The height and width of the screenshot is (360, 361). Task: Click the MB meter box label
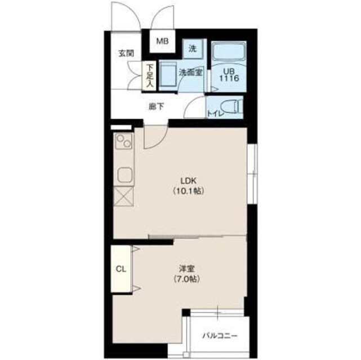[x=163, y=42]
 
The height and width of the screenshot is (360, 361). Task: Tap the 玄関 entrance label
[x=126, y=53]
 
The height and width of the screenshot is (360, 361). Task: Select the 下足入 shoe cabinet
[x=150, y=75]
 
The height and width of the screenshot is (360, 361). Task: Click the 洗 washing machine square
[x=193, y=49]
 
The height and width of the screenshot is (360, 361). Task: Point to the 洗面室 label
[x=190, y=73]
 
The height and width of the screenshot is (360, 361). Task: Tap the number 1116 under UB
[x=229, y=78]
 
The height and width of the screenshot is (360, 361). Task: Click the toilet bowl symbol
[x=231, y=107]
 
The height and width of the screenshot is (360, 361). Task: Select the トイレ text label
[x=216, y=113]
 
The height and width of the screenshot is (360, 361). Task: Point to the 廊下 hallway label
[x=157, y=107]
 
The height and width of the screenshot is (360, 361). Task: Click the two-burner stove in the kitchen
[x=124, y=141]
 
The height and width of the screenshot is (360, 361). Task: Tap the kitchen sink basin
[x=125, y=175]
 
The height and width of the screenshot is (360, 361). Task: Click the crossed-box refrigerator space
[x=124, y=196]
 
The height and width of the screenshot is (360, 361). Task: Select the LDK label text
[x=189, y=181]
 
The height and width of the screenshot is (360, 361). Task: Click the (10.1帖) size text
[x=189, y=191]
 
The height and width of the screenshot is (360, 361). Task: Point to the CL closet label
[x=121, y=269]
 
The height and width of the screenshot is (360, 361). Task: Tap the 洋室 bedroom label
[x=187, y=268]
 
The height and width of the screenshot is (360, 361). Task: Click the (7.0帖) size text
[x=187, y=279]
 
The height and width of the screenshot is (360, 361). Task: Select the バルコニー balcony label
[x=220, y=336]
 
